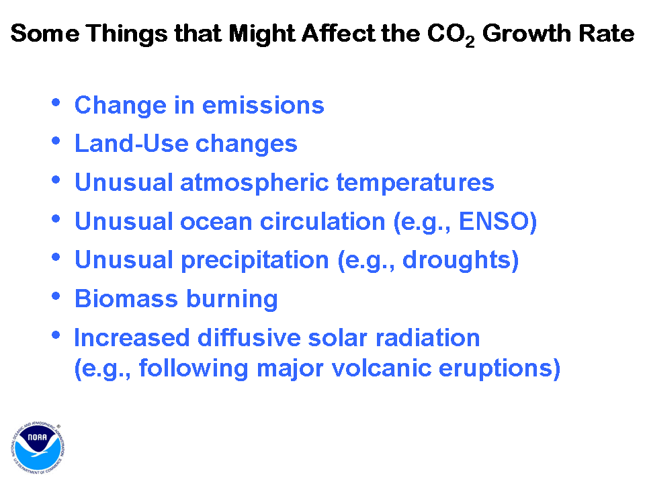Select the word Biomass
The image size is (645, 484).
pos(126,298)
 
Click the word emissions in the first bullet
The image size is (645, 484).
pos(263,106)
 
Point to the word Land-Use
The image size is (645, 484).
pos(132,144)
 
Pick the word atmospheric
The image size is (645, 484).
pos(255,183)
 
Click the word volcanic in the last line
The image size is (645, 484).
pos(382,368)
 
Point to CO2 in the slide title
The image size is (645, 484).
pos(451,34)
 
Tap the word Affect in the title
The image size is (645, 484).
pos(339,33)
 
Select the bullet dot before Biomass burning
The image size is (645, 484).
pos(56,296)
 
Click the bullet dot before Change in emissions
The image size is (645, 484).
pos(56,102)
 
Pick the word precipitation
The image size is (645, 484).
pos(255,261)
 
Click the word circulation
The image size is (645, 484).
pos(322,221)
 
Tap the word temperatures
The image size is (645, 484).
pos(415,183)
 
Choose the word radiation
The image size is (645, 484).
pos(428,337)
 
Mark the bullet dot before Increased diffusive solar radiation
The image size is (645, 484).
pos(56,335)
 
